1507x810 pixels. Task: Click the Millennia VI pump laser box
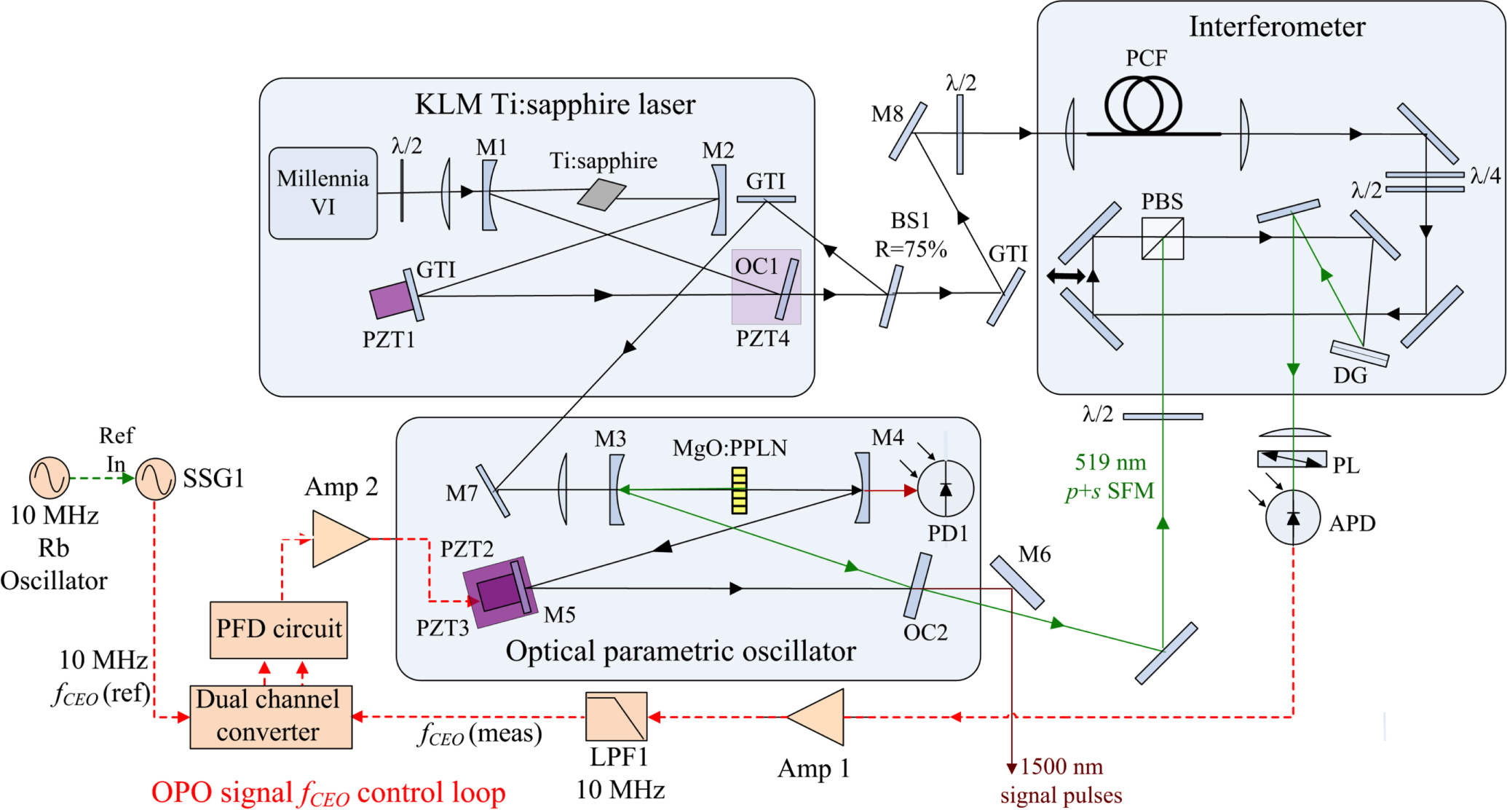(x=323, y=193)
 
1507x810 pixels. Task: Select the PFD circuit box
(x=278, y=629)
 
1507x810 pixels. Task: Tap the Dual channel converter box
(x=270, y=717)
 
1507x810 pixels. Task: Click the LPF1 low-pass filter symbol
(x=616, y=716)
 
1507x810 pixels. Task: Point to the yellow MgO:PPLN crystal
(x=739, y=490)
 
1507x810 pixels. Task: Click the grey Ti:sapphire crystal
(x=601, y=195)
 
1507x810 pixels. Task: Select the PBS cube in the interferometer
(x=1162, y=238)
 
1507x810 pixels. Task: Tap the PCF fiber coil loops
(x=1143, y=106)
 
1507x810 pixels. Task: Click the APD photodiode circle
(x=1292, y=517)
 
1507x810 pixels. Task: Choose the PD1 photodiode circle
(x=945, y=489)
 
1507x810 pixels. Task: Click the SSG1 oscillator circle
(x=155, y=479)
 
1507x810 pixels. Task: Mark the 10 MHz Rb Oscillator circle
(x=49, y=477)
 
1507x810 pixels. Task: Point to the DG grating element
(x=1358, y=353)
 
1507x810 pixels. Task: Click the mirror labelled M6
(x=1016, y=582)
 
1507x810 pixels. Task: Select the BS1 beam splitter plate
(x=890, y=296)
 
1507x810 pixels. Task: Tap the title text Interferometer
(x=1276, y=27)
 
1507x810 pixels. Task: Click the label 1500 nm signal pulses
(x=1061, y=780)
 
